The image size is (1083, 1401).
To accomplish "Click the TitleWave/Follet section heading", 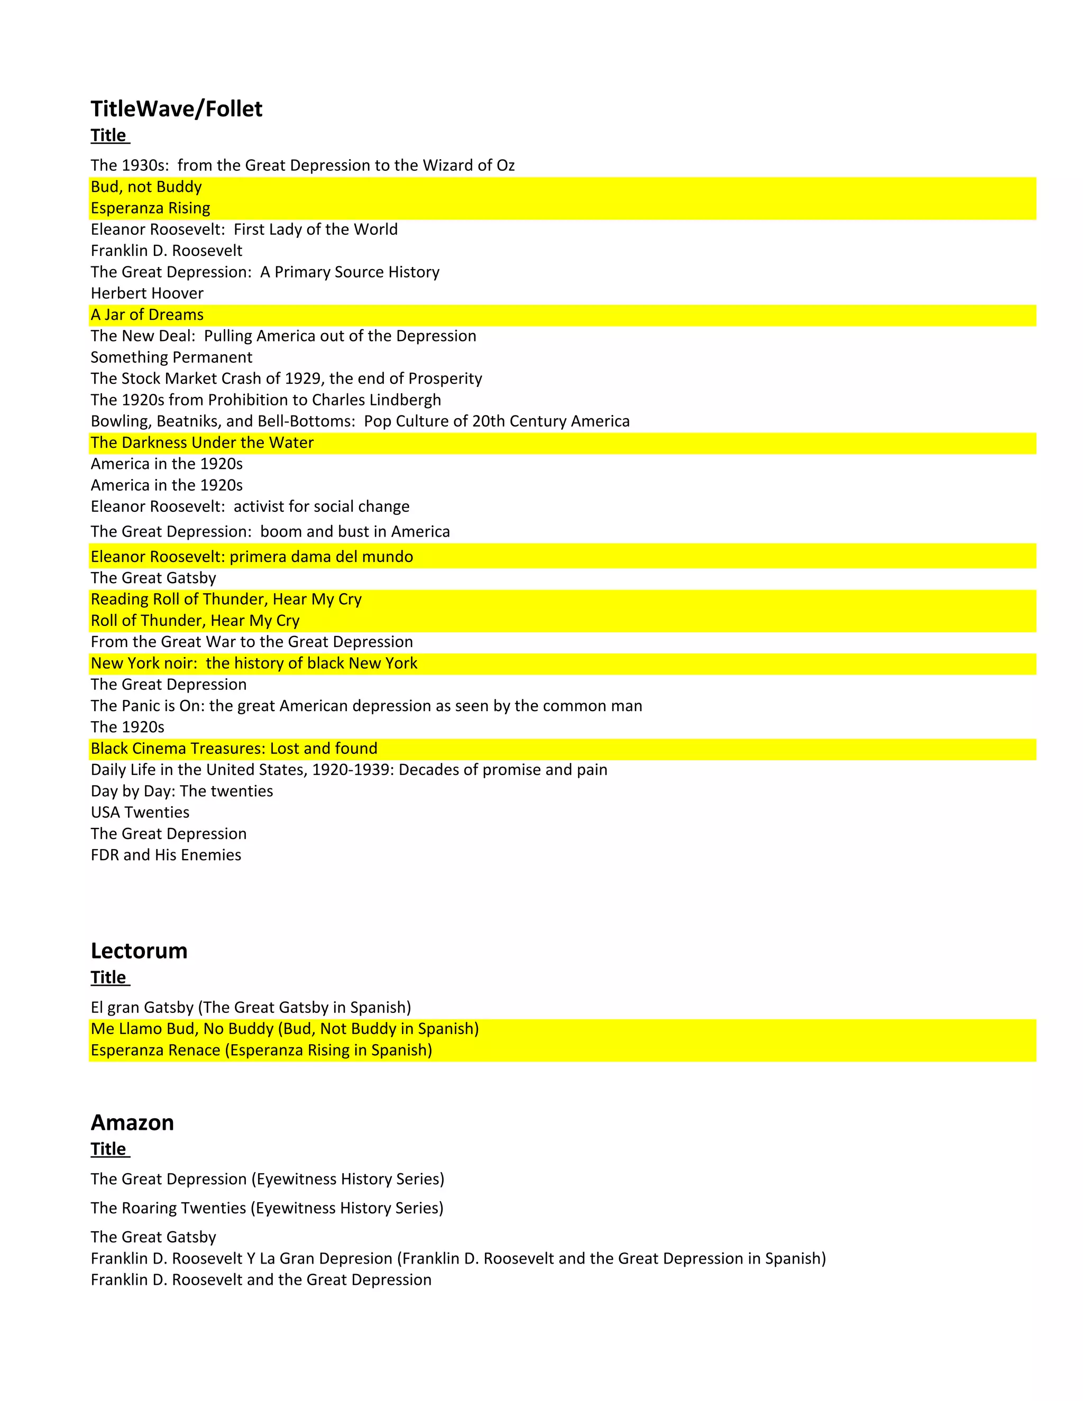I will click(177, 109).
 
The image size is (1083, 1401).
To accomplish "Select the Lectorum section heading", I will click(139, 951).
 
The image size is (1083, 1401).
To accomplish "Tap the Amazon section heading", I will click(132, 1122).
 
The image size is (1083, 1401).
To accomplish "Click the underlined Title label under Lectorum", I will click(109, 978).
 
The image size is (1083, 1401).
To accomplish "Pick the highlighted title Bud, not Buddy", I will click(146, 187).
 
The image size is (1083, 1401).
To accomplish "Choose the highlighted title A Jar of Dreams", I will click(147, 315).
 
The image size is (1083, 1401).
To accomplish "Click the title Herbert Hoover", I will click(147, 293).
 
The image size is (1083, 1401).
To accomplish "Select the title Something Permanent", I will click(171, 357).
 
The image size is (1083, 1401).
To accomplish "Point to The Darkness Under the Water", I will click(202, 443).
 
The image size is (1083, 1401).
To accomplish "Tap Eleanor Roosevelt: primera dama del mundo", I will click(252, 557).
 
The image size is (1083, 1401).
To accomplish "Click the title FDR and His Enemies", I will click(166, 855).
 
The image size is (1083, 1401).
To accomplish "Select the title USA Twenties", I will click(140, 813).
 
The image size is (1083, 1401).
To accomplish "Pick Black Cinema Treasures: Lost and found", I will click(234, 749).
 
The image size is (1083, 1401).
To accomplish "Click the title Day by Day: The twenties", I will click(181, 791).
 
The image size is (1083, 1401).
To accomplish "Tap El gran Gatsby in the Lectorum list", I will click(251, 1008).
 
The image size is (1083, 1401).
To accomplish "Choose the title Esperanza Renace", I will click(261, 1050).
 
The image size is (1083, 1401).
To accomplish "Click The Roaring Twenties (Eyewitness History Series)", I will click(267, 1208).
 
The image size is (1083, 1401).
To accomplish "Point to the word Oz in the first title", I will click(506, 165).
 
